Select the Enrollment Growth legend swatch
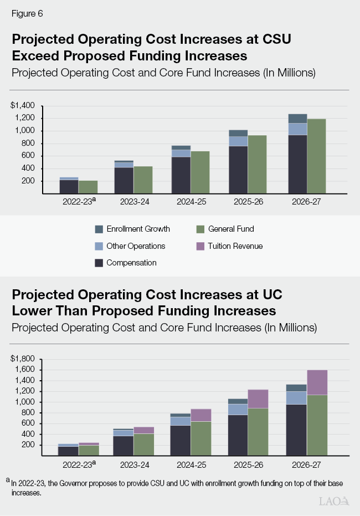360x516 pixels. point(99,229)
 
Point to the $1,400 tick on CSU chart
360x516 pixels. point(23,105)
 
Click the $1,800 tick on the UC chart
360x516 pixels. point(23,359)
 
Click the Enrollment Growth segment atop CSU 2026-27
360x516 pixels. point(297,118)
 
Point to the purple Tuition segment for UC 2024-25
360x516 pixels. point(201,415)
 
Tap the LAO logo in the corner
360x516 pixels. point(334,501)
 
